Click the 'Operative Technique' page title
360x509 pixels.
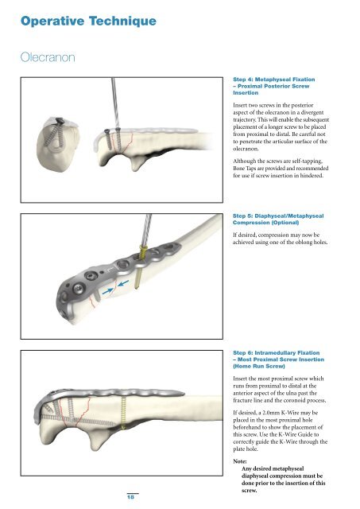pos(88,21)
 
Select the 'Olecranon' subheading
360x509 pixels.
pos(48,57)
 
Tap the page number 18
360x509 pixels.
pos(130,496)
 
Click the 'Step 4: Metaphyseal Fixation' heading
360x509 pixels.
pos(274,80)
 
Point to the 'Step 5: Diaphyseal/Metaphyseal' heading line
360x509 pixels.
pos(278,216)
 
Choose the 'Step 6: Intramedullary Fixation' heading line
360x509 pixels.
pos(277,352)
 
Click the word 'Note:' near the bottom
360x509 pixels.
pos(240,461)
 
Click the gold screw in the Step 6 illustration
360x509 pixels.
pos(123,414)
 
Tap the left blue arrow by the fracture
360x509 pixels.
pos(107,292)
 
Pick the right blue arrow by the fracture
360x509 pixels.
pos(123,283)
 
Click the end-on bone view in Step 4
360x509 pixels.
pos(58,143)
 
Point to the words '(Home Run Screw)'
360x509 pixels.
pos(259,366)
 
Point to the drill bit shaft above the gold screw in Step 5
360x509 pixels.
pos(146,230)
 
